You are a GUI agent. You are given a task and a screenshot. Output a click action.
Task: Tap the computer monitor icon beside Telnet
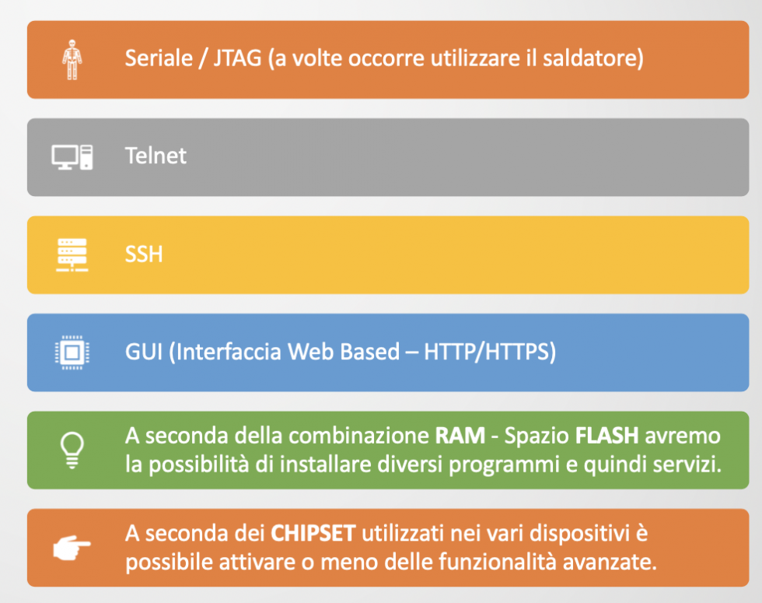pos(72,156)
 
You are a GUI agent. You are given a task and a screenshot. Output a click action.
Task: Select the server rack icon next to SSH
pos(72,254)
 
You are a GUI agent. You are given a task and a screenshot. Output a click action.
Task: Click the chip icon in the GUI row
pos(72,352)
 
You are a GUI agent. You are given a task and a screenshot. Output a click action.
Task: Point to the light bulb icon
pos(72,450)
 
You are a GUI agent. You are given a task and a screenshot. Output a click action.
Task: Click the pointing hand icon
pos(72,548)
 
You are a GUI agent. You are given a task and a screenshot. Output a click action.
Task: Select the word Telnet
pos(156,156)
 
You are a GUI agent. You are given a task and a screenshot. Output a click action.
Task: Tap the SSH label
pos(144,254)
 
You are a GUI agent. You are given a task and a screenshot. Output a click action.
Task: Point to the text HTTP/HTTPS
pos(490,352)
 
